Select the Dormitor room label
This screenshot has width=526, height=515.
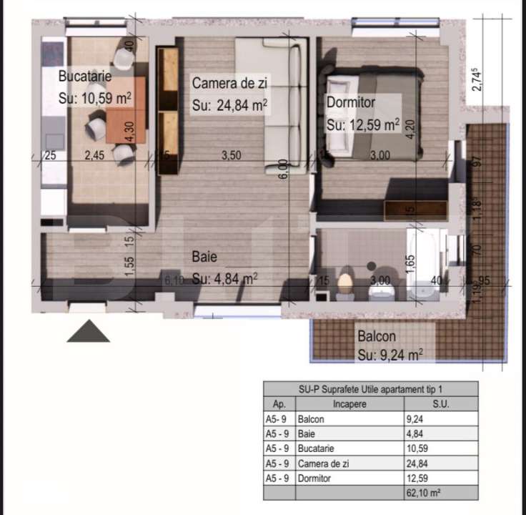[x=351, y=102]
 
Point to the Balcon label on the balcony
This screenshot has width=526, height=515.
[x=377, y=335]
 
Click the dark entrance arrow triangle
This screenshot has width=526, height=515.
[x=89, y=330]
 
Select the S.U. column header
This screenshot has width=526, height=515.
[x=441, y=404]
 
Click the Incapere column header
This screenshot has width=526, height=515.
[x=349, y=404]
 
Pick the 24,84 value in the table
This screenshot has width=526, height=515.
[x=416, y=463]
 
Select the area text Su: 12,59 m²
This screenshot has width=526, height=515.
[x=362, y=124]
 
